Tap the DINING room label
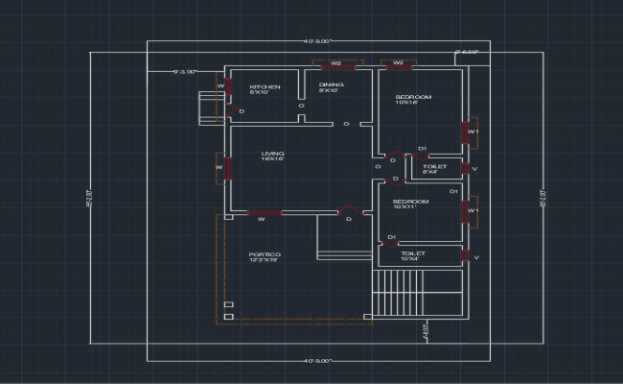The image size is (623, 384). (330, 87)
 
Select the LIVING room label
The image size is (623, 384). (273, 156)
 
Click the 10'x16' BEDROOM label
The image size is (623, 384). (413, 100)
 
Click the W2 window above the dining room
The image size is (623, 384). (335, 65)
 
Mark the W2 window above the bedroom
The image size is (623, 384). (397, 65)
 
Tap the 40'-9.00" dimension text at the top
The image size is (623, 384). (316, 41)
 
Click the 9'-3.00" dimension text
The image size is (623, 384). (184, 72)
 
